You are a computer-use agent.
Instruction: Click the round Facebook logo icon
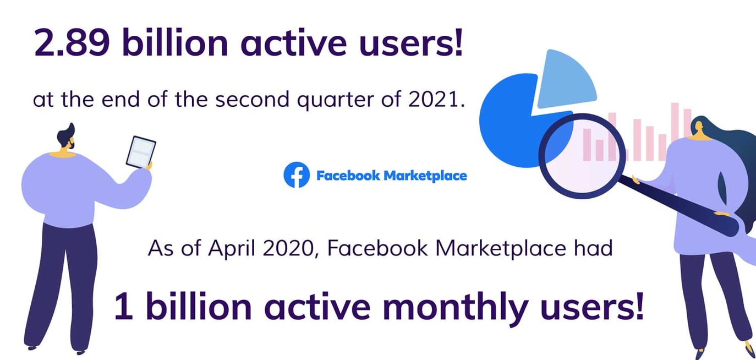(x=297, y=175)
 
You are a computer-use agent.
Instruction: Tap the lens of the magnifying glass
(x=582, y=154)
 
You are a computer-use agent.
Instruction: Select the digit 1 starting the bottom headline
(x=123, y=307)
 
